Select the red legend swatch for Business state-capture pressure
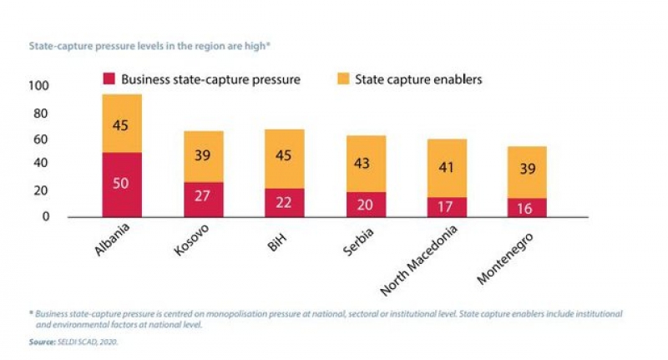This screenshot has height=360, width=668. (109, 79)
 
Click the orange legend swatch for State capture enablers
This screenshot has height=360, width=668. (342, 79)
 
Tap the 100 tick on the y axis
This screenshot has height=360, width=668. (39, 87)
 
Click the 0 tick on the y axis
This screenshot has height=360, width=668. (46, 217)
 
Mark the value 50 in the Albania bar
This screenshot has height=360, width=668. (121, 183)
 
